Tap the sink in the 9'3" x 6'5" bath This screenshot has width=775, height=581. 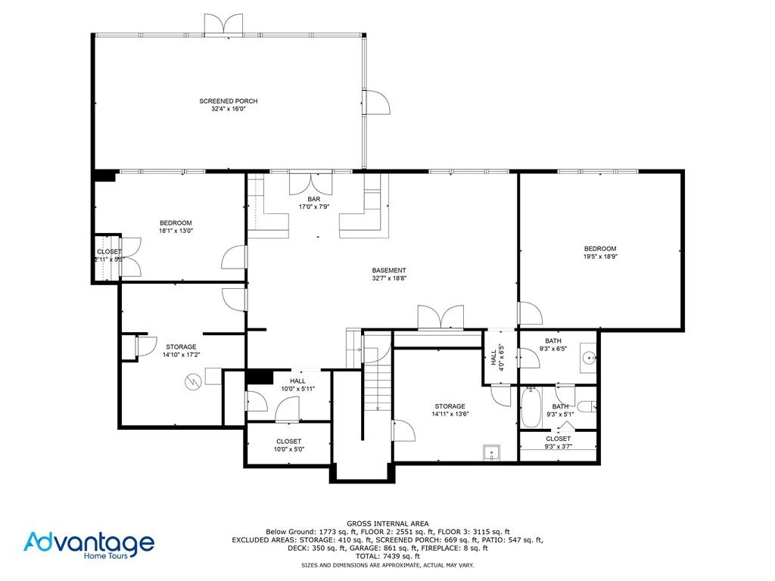[587, 358]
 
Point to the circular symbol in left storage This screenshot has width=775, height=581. [193, 382]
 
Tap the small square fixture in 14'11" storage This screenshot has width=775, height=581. [491, 453]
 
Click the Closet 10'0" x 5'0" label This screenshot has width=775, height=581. [288, 446]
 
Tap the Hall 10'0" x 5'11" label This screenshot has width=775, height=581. [297, 385]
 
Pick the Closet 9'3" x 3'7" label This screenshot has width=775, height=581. [558, 442]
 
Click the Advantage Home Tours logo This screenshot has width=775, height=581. [89, 545]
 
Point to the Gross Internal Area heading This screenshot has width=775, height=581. [387, 524]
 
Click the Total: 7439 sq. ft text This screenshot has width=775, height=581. [387, 556]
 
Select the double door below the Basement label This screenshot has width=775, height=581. [440, 318]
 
